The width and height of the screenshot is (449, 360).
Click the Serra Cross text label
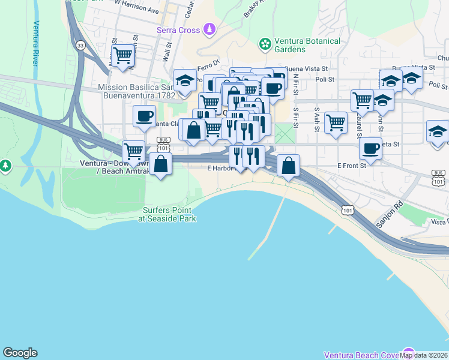pos(178,29)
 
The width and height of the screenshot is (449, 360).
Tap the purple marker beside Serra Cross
pos(209,28)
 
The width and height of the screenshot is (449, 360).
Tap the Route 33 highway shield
pos(80,45)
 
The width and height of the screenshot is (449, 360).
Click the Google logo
pos(20,353)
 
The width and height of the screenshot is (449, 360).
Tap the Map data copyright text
pos(424,355)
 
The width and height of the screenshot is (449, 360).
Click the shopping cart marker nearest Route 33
pos(123,55)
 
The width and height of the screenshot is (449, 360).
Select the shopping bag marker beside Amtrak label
pos(161,163)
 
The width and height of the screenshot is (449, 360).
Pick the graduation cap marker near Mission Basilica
pos(185,80)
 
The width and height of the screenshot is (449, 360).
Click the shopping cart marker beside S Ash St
pos(336,122)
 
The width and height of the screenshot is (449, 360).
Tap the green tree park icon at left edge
pos(5,164)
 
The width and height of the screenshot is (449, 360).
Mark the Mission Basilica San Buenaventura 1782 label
pos(136,91)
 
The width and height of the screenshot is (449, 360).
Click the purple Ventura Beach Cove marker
pos(409,353)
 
